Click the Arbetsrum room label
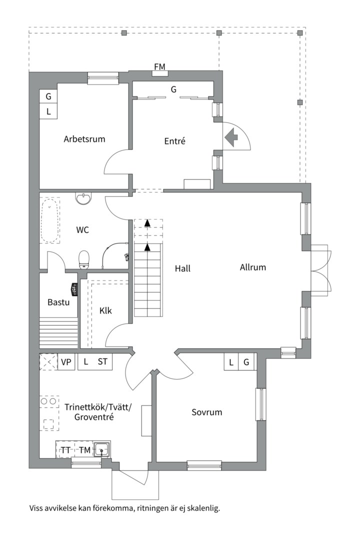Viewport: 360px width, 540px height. click(84, 139)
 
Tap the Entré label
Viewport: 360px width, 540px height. click(175, 141)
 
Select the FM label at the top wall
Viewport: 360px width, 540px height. click(160, 66)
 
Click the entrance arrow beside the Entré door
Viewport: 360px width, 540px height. click(231, 137)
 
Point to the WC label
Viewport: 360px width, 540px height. click(82, 230)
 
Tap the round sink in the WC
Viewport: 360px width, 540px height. click(83, 198)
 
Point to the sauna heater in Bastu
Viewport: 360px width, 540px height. click(73, 289)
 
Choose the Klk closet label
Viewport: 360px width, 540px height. click(105, 310)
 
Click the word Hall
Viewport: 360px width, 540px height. click(182, 268)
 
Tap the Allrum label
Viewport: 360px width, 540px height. click(253, 267)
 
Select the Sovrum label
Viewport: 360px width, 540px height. click(206, 412)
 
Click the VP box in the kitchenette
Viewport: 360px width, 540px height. click(65, 362)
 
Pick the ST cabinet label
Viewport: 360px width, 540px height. click(102, 362)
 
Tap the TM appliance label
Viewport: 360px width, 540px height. click(84, 450)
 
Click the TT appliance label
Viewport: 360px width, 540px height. click(65, 450)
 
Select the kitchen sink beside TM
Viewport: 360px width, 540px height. click(102, 450)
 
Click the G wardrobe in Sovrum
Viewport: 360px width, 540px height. click(246, 362)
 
